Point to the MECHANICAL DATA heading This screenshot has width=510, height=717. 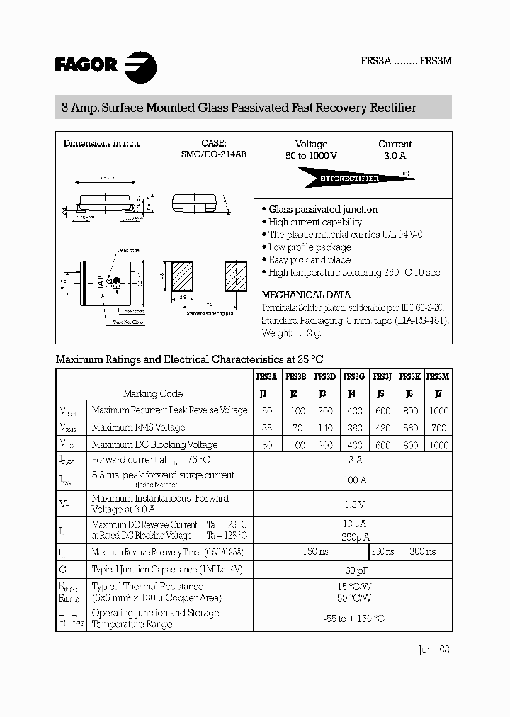(x=306, y=295)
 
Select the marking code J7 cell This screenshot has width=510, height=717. (x=438, y=394)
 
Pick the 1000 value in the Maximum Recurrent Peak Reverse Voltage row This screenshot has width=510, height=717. (x=438, y=411)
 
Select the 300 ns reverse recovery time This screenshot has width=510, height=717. (x=423, y=551)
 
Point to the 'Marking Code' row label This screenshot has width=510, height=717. (x=153, y=394)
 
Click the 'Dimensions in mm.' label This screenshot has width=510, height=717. (x=102, y=143)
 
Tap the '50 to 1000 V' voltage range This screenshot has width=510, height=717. (x=312, y=156)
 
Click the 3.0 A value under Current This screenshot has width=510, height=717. (x=395, y=156)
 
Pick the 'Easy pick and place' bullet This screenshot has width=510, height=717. (x=309, y=260)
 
